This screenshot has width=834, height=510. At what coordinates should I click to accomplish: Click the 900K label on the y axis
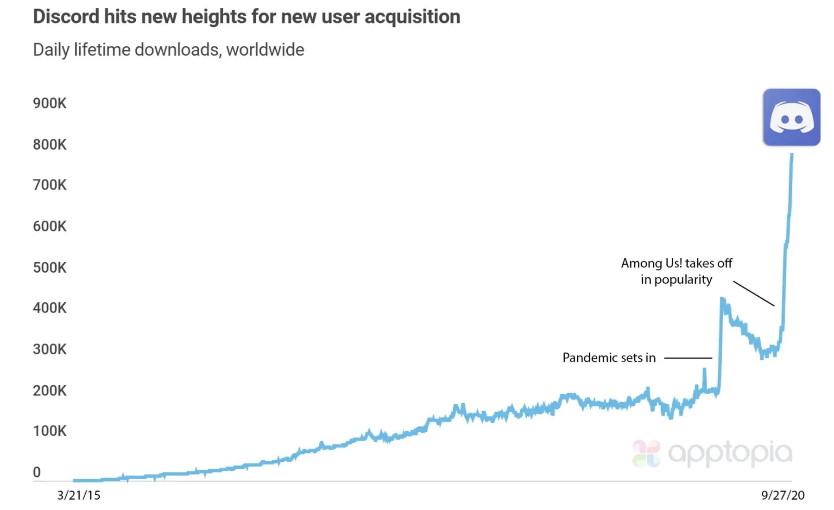[x=50, y=103]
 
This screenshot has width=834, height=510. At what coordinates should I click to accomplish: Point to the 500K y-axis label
[x=50, y=268]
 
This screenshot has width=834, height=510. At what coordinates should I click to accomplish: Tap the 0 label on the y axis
[x=37, y=472]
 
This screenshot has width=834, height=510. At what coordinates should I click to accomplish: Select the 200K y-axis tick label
[x=50, y=390]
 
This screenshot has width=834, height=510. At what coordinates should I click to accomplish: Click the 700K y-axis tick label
[x=50, y=185]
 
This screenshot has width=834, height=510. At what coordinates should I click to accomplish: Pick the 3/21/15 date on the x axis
[x=79, y=495]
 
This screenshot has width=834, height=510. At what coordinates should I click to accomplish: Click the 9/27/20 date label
[x=783, y=495]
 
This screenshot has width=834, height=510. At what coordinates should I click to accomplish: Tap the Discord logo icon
[x=791, y=117]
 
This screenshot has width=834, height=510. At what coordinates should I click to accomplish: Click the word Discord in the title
[x=66, y=17]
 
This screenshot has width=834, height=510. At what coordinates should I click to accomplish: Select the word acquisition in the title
[x=412, y=17]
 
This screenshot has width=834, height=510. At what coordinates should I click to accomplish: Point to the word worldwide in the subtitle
[x=265, y=50]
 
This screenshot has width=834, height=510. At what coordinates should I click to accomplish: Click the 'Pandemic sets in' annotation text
[x=609, y=357]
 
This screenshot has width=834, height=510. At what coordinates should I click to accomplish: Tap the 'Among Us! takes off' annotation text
[x=676, y=263]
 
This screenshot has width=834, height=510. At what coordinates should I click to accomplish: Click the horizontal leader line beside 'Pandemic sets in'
[x=688, y=358]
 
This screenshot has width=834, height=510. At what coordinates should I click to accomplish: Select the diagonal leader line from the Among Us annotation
[x=753, y=293]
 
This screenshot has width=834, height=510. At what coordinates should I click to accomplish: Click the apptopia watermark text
[x=730, y=453]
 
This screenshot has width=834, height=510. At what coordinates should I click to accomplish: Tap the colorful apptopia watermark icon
[x=646, y=453]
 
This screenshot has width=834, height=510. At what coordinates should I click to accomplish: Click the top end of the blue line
[x=792, y=155]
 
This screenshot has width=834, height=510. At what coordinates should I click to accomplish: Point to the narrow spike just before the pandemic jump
[x=704, y=370]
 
